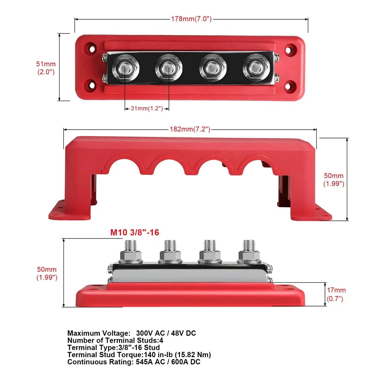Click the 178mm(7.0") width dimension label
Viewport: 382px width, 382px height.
click(x=191, y=19)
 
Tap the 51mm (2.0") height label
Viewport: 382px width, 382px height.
click(x=46, y=68)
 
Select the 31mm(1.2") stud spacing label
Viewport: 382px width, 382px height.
click(x=147, y=109)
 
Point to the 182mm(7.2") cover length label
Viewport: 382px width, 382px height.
click(x=190, y=129)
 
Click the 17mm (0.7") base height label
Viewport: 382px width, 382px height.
click(x=336, y=294)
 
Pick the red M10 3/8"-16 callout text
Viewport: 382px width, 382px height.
click(x=135, y=233)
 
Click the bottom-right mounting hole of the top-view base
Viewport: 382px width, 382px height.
click(x=289, y=85)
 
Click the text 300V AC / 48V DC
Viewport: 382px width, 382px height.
click(x=166, y=333)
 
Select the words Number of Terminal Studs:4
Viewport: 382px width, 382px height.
click(x=115, y=340)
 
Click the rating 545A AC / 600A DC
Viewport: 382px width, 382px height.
click(x=168, y=362)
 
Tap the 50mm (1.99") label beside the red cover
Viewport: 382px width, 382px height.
click(x=334, y=180)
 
